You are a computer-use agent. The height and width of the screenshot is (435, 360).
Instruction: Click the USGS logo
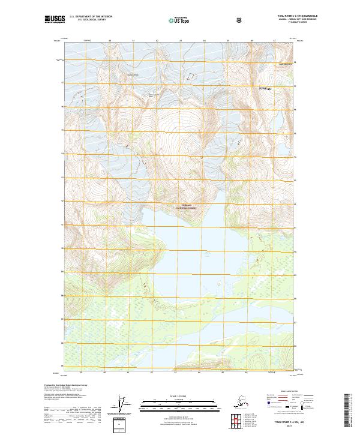[x=55, y=20]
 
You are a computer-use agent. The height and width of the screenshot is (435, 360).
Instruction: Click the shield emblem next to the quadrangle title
[x=239, y=20]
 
